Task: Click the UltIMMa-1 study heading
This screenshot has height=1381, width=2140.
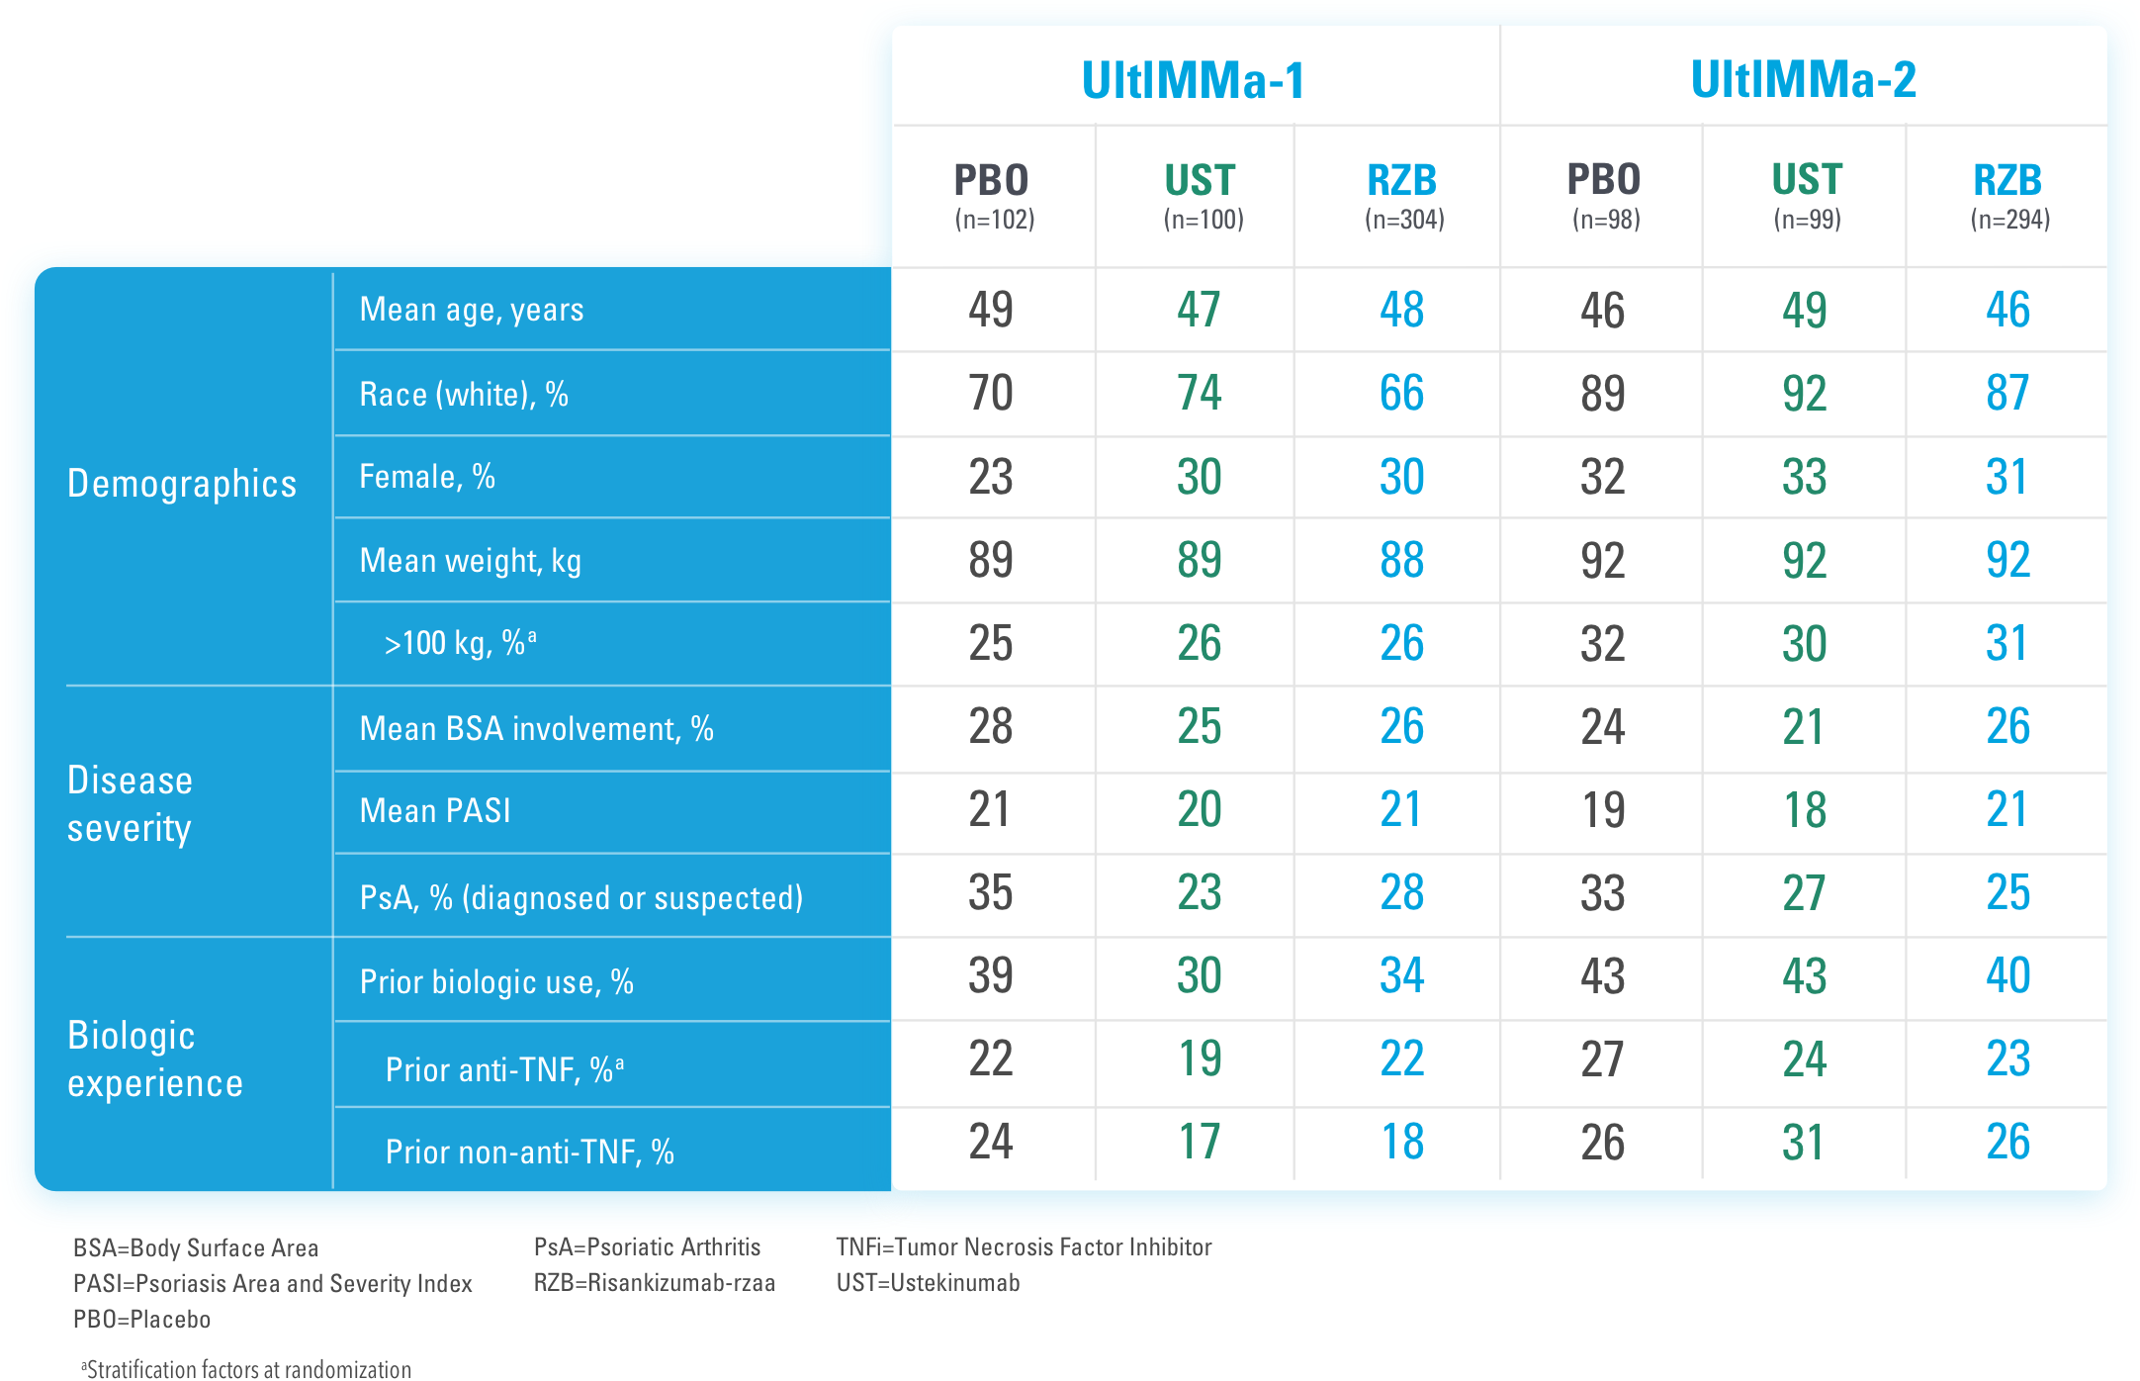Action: coord(1193,80)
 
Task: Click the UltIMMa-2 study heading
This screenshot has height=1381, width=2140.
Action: coord(1803,80)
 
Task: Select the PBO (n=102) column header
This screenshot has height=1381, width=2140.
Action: coord(993,196)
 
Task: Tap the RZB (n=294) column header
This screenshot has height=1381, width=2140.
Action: coord(2008,196)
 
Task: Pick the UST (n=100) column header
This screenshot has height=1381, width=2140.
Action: coord(1201,196)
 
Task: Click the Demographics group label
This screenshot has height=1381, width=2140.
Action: coord(182,484)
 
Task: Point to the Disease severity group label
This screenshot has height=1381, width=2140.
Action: coord(130,803)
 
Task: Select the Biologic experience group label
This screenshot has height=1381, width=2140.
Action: coord(154,1059)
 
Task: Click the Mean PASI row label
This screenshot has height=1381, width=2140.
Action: coord(435,811)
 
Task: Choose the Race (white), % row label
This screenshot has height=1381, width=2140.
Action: coord(464,395)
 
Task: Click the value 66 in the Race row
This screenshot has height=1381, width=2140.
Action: coord(1401,394)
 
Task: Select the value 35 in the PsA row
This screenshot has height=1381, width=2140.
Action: coord(991,893)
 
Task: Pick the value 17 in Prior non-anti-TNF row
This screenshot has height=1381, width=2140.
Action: coord(1200,1143)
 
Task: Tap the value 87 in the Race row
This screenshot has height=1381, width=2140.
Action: coord(2007,394)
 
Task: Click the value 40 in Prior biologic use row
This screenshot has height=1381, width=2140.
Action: coord(2007,976)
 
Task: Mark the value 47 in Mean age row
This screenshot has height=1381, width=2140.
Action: coord(1199,311)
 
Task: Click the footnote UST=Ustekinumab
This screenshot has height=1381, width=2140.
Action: coord(928,1283)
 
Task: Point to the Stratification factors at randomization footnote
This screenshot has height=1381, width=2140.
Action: coord(247,1369)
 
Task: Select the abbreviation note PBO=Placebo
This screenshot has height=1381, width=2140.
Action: coord(141,1319)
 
